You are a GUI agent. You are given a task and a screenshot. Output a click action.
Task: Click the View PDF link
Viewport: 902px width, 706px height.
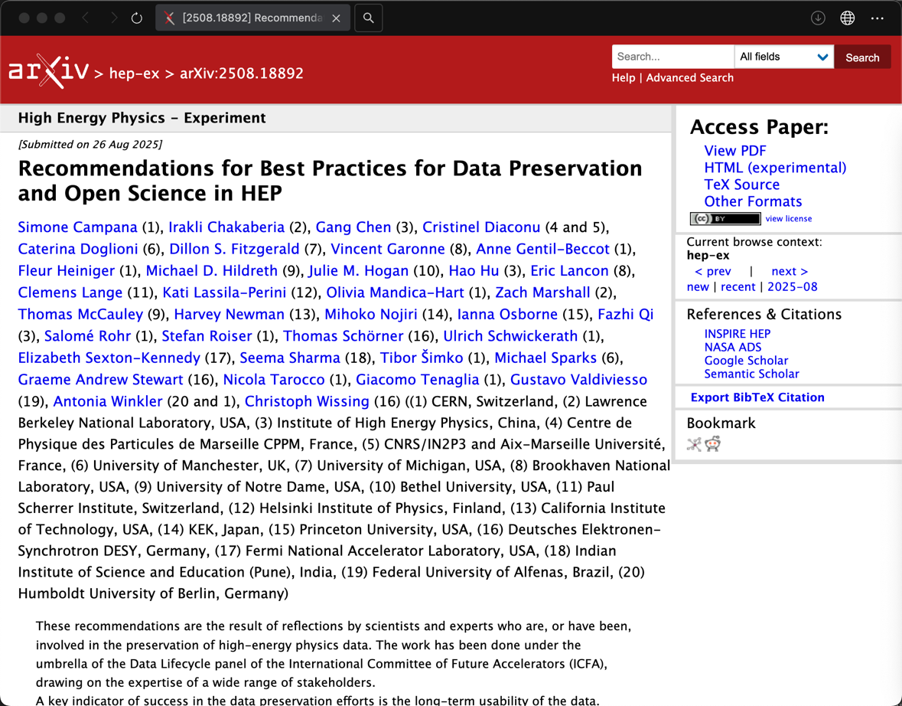734,151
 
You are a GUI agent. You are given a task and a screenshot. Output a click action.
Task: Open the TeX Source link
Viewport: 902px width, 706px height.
741,185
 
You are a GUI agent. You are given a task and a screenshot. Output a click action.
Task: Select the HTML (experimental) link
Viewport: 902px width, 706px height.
774,168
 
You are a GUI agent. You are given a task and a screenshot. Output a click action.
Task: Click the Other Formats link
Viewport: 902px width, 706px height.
753,201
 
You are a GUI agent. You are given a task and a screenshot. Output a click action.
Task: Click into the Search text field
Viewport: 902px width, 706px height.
672,57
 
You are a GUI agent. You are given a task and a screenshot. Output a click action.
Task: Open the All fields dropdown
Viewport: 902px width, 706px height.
783,57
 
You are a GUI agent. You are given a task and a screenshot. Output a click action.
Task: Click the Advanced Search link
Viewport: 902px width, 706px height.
689,77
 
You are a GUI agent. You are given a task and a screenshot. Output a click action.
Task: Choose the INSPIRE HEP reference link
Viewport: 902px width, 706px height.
737,334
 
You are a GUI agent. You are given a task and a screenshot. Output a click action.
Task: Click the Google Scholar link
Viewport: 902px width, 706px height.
746,361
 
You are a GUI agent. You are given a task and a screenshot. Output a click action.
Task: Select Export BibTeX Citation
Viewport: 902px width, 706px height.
757,397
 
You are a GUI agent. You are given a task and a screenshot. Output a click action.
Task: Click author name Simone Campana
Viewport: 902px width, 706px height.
77,227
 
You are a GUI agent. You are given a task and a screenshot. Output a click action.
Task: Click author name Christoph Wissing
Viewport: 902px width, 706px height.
307,401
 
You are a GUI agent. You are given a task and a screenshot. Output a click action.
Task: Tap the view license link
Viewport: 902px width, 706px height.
788,219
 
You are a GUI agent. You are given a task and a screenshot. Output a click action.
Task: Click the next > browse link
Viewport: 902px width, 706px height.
789,271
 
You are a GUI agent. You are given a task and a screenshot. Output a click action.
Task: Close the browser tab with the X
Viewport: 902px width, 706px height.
336,18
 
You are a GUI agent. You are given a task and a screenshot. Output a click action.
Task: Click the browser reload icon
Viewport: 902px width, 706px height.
137,18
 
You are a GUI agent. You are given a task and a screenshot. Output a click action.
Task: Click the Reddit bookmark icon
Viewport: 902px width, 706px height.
713,444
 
